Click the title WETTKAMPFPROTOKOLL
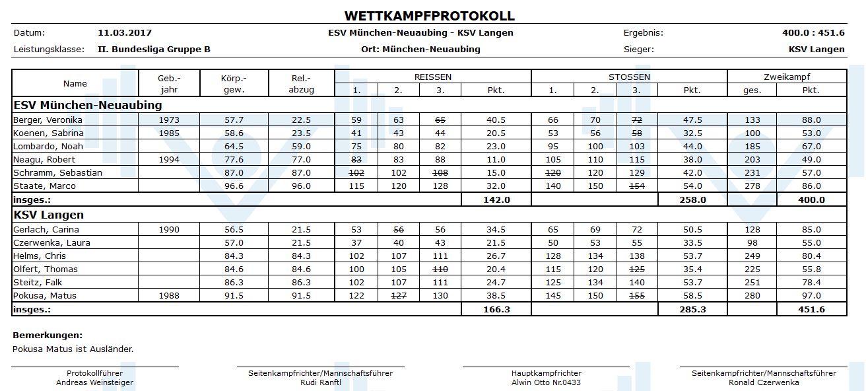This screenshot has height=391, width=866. pos(429,16)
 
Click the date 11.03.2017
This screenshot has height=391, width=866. pos(125,32)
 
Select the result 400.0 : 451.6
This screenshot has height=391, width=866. pos(813,32)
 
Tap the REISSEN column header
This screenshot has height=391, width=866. pos(432,77)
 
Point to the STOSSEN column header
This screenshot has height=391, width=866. pos(628,77)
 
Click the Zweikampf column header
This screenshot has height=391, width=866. pos(786,77)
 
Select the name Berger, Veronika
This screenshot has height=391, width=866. pos(48,120)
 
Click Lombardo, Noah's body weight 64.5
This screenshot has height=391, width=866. pos(234,147)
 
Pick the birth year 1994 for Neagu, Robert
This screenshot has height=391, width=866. pos(168,160)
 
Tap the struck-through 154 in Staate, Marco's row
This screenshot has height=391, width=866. pos(636,186)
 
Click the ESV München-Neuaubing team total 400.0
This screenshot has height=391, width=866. pos(811,199)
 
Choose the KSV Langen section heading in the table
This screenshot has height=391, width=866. pos(48,215)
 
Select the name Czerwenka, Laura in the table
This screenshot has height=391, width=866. pos(51,243)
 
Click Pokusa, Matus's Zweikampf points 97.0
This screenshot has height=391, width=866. pos(811,296)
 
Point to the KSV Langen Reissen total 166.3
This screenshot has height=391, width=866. pos(496,309)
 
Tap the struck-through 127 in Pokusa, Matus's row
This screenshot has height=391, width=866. pos(398,296)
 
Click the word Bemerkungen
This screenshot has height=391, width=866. pos(48,336)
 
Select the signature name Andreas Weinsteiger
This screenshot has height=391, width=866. pos(94,382)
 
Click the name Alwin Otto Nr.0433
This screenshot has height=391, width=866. pos(546,382)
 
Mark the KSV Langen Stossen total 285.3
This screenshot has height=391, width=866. pos(692,309)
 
